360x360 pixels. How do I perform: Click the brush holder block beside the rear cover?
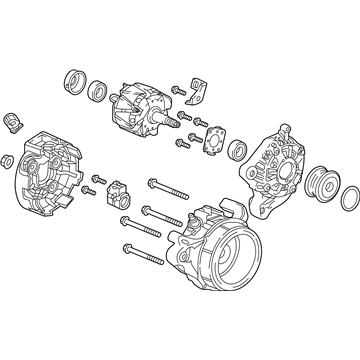click(x=116, y=189)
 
